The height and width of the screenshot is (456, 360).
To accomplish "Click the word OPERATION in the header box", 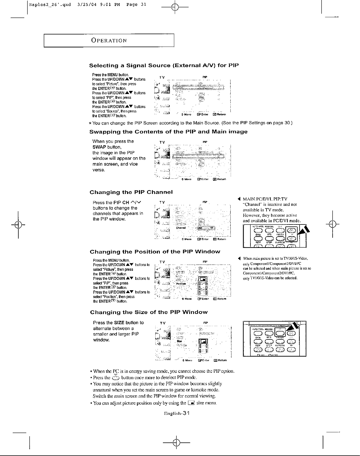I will (109, 40).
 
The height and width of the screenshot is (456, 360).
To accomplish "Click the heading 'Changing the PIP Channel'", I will (131, 192).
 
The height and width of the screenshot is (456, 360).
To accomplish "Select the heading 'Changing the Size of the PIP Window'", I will (149, 312).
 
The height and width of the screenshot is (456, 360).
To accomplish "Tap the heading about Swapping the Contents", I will (168, 132).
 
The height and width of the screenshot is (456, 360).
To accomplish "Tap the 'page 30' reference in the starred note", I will (283, 123).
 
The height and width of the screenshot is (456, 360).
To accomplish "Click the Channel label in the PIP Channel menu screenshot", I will (180, 228).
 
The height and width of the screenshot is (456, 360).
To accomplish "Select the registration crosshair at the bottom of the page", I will (175, 442).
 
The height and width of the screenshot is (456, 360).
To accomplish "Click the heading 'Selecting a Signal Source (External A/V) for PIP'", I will (164, 66).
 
